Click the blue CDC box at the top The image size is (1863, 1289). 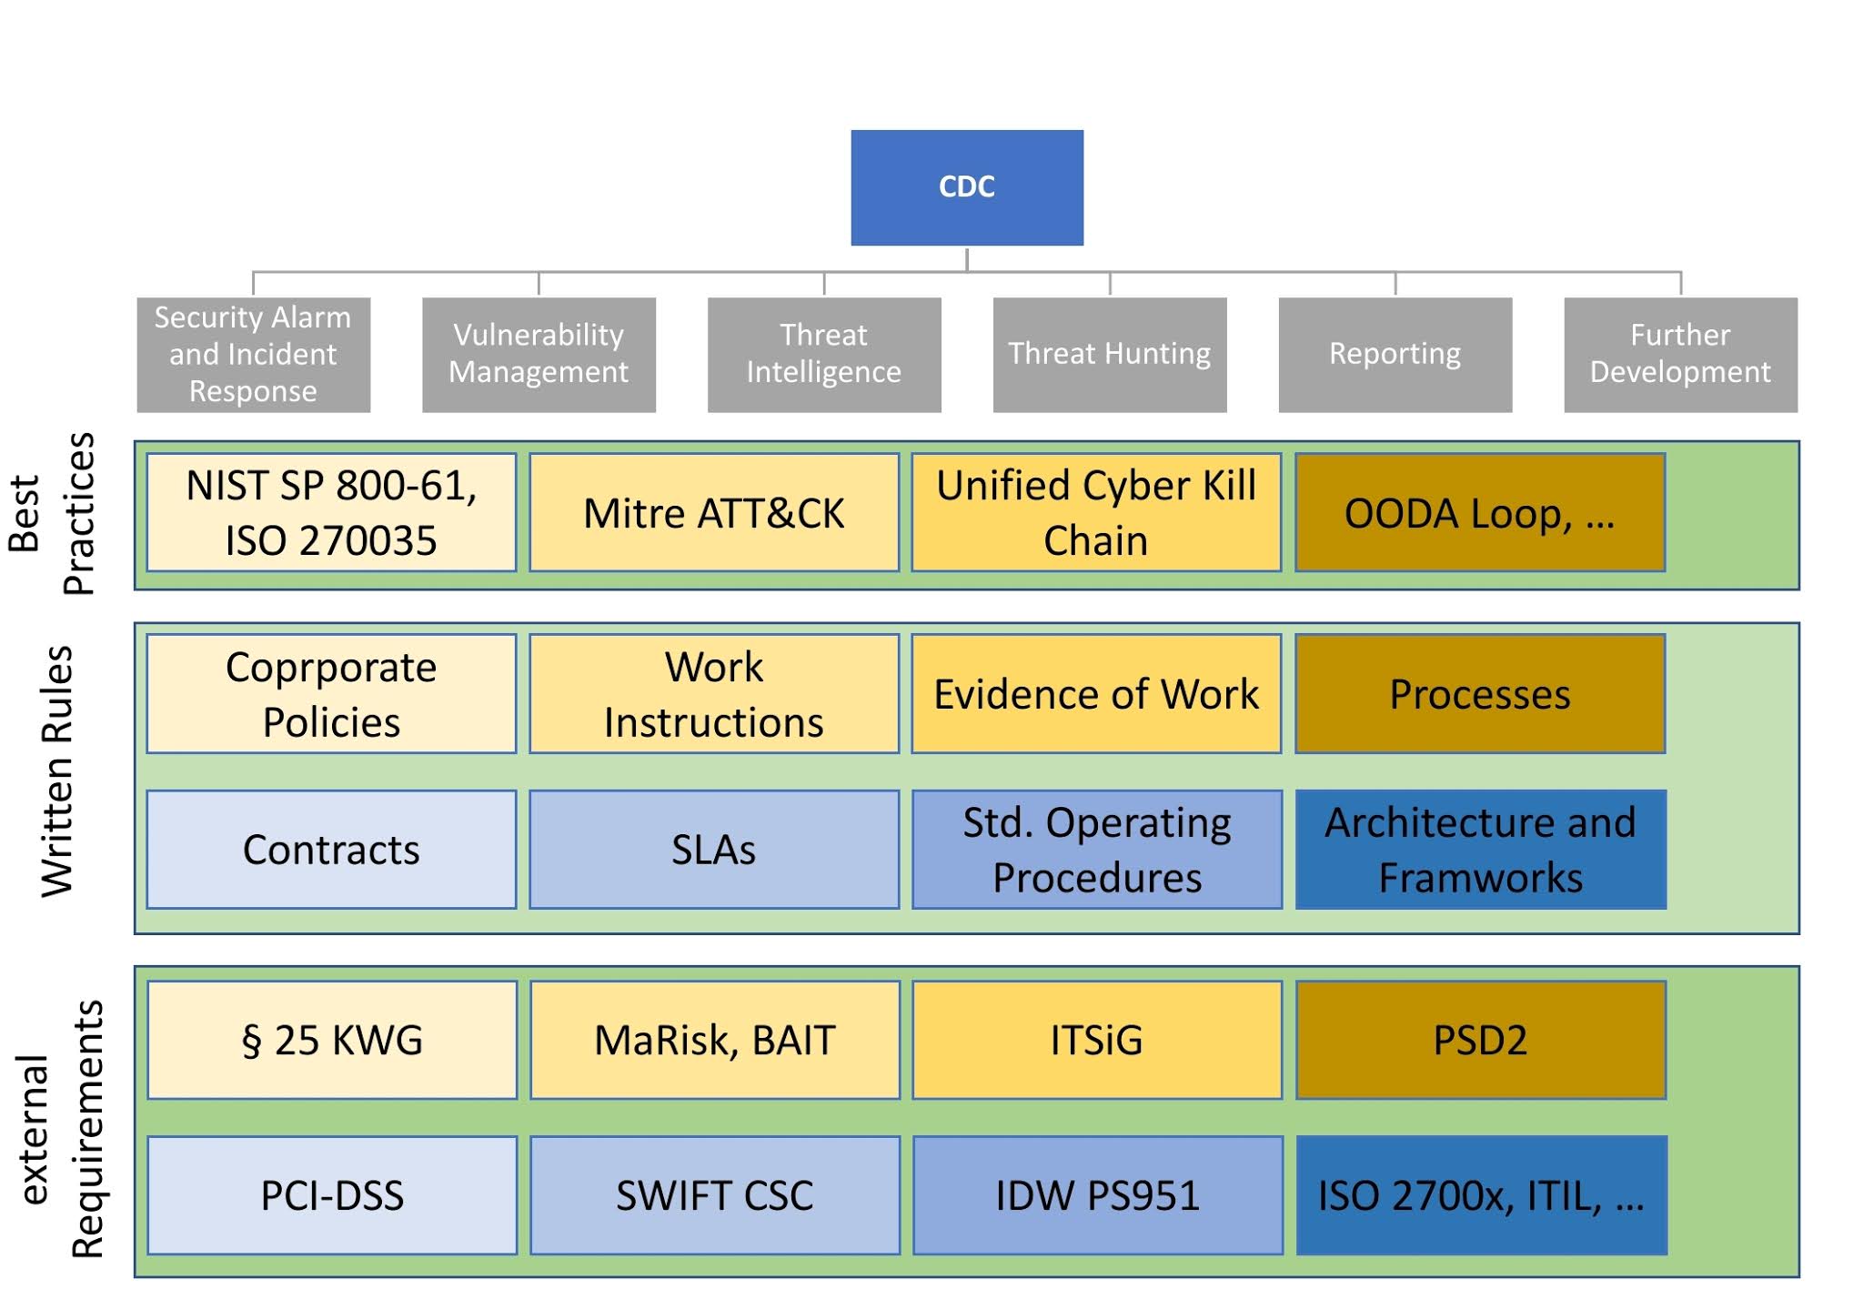click(x=966, y=187)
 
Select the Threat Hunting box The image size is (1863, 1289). click(x=1109, y=355)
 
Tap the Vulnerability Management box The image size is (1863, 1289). click(x=539, y=355)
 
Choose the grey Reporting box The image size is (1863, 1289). click(x=1395, y=355)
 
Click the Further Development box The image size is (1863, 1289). click(x=1680, y=355)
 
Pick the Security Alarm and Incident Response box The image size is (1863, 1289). click(x=253, y=355)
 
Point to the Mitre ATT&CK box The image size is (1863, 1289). click(x=714, y=513)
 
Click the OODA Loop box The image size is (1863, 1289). click(x=1480, y=513)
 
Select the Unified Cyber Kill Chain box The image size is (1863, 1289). click(x=1096, y=513)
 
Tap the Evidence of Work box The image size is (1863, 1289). click(x=1096, y=694)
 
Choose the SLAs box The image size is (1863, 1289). click(x=714, y=850)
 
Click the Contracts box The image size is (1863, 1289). click(x=331, y=850)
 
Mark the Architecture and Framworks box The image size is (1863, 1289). click(x=1480, y=850)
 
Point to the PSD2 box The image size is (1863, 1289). click(x=1480, y=1040)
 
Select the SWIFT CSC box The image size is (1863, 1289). click(x=714, y=1195)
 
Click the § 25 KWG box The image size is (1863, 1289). click(x=331, y=1040)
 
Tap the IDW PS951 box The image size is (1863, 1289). click(x=1097, y=1195)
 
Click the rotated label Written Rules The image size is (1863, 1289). click(x=57, y=771)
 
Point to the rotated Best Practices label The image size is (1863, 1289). click(x=53, y=514)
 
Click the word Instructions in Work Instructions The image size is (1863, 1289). click(x=714, y=723)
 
